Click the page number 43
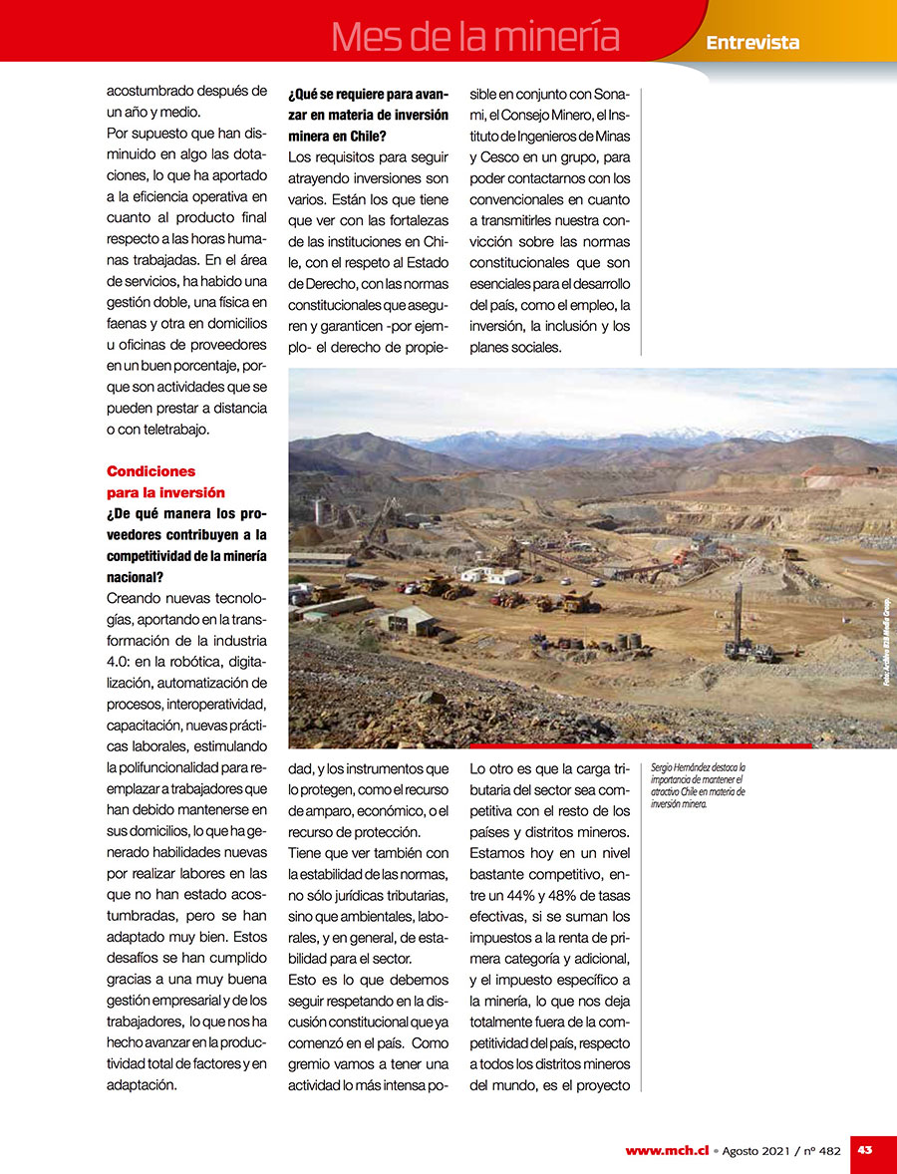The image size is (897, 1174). point(865,1149)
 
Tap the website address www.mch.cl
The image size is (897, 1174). point(667,1150)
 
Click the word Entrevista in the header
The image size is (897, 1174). point(752,42)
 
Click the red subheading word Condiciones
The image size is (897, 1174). point(150,471)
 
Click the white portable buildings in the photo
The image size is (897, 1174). point(490,575)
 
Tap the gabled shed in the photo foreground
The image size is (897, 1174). point(409,620)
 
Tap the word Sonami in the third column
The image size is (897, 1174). point(608,94)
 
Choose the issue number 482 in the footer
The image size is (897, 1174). point(826,1150)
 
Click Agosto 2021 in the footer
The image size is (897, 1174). point(755,1150)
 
